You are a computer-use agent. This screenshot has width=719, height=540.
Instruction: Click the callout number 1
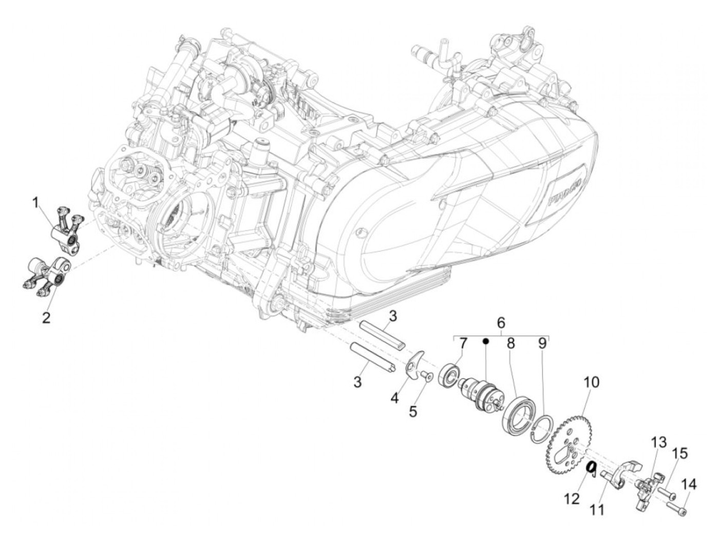click(x=36, y=204)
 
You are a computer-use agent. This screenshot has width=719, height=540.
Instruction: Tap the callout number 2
click(x=46, y=318)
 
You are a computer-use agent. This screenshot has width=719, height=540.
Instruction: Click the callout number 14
click(x=690, y=484)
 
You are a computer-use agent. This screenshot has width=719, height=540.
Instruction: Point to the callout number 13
click(x=658, y=442)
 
